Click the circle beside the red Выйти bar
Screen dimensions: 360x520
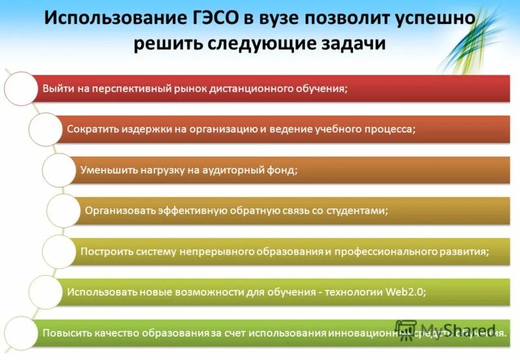21,88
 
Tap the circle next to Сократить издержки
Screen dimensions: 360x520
45,129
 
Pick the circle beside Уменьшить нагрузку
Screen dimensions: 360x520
59,170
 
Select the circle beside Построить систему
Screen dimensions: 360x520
59,251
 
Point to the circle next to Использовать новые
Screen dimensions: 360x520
45,292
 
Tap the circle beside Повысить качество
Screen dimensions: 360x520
21,333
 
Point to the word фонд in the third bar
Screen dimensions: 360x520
283,170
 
